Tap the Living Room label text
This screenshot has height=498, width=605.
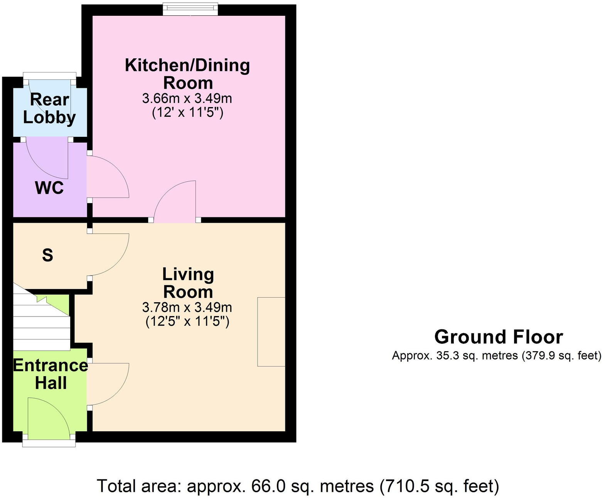click(x=188, y=283)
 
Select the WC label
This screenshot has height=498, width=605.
click(x=49, y=188)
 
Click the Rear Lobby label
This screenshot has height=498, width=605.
click(x=49, y=109)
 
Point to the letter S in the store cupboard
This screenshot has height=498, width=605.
click(x=47, y=255)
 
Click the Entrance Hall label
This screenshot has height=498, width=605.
click(x=51, y=374)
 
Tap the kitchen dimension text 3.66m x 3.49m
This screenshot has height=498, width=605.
click(x=187, y=99)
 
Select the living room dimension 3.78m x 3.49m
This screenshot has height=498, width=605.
click(x=187, y=307)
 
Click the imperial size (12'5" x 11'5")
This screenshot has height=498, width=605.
click(x=187, y=321)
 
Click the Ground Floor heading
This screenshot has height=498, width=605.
click(x=498, y=337)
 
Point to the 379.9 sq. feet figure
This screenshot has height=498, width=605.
click(x=561, y=355)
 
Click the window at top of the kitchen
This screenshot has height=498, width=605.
click(x=190, y=9)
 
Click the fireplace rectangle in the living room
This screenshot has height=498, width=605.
click(x=271, y=331)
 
